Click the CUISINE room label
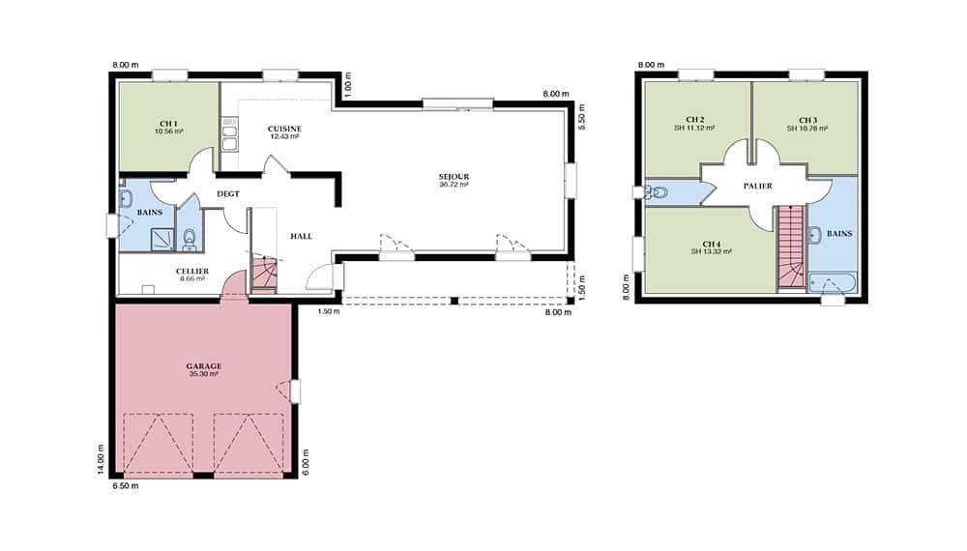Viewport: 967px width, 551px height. [x=284, y=129]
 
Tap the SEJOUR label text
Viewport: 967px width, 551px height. [x=454, y=177]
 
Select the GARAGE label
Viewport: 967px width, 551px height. [x=203, y=366]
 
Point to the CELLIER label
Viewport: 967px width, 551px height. [x=192, y=272]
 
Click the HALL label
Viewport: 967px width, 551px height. [x=301, y=236]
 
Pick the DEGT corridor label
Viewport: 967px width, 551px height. [x=228, y=194]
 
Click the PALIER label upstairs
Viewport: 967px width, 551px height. [x=758, y=186]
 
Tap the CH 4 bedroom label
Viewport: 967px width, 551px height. [x=711, y=244]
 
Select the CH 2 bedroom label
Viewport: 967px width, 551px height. [x=694, y=120]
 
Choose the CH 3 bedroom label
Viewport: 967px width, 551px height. [x=807, y=120]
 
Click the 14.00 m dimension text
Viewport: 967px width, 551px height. [x=101, y=459]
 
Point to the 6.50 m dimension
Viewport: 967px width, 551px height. [x=126, y=485]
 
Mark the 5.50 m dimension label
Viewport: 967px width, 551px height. [x=581, y=117]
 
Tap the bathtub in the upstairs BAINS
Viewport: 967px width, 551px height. [x=832, y=283]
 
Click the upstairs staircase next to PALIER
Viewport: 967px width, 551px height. [x=791, y=246]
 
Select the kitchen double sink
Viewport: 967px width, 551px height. [x=229, y=137]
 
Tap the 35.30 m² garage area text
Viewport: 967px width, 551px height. [x=203, y=374]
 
